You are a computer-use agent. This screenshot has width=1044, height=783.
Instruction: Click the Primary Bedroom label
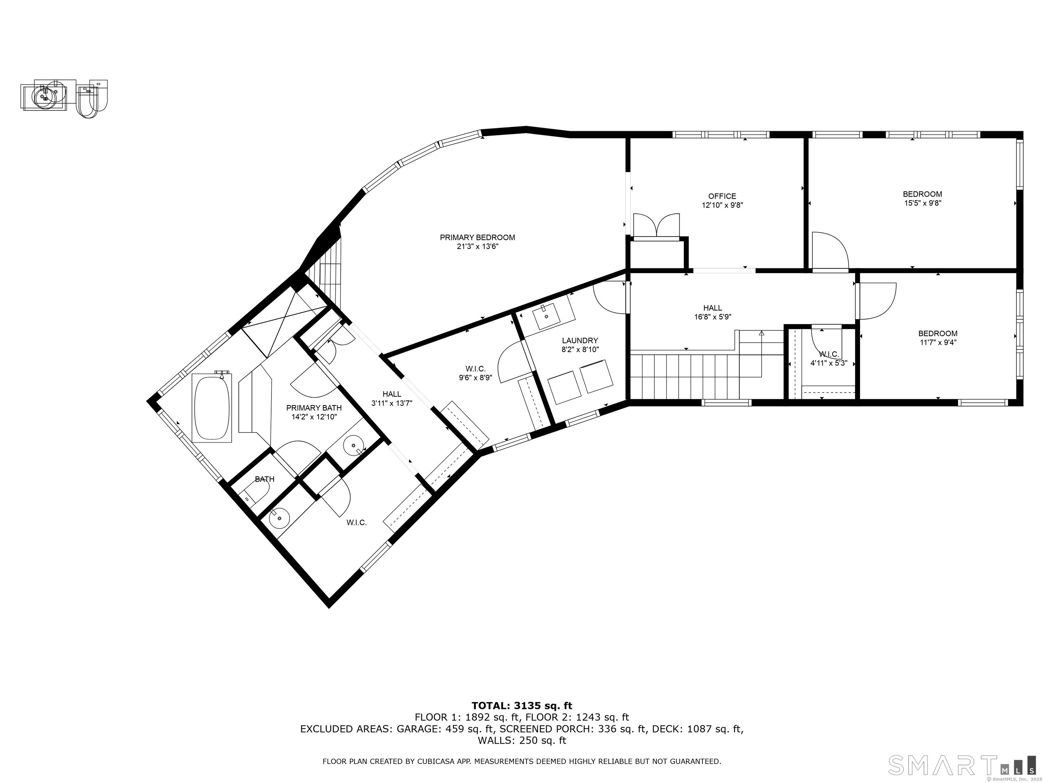click(477, 238)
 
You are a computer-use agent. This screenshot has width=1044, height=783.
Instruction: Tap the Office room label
click(722, 196)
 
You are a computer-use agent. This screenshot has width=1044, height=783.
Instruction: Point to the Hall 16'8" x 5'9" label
click(713, 312)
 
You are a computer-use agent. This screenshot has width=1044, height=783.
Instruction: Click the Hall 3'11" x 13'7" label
click(392, 398)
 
